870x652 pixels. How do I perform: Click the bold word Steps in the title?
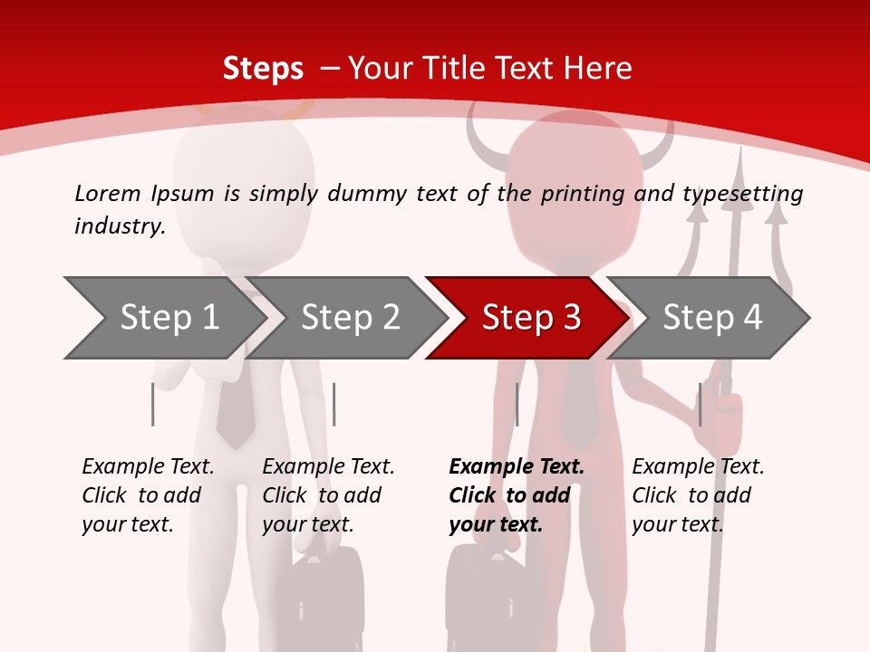point(263,69)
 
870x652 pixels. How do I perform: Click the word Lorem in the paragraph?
point(108,194)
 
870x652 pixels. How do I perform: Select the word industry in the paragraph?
point(119,226)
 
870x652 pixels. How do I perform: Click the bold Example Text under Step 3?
point(517,467)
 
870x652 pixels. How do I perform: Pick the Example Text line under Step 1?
point(148,467)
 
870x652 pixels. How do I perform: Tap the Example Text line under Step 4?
point(698,467)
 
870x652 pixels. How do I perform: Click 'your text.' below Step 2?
point(307,525)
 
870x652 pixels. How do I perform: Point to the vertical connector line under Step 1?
point(152,404)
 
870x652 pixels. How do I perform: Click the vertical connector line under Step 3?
point(517,404)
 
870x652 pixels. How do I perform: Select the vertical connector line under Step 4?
point(700,404)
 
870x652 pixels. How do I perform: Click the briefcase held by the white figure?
point(318,598)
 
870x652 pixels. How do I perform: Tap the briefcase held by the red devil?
point(494,598)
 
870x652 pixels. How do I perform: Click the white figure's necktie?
point(235,407)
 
